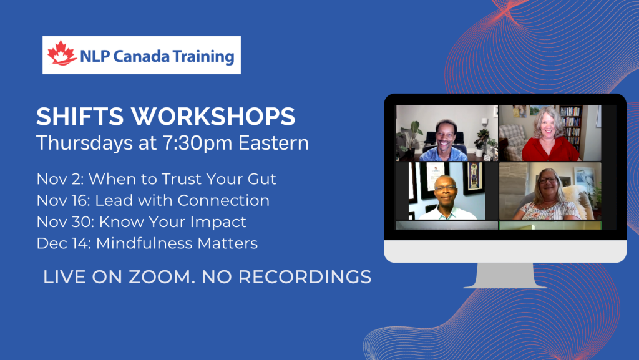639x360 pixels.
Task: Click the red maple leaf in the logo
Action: coord(62,54)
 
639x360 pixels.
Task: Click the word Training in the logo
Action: coord(203,57)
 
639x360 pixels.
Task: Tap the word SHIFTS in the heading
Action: coord(80,117)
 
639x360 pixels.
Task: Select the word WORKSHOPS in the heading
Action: coord(213,117)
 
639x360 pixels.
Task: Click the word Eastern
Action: coord(273,143)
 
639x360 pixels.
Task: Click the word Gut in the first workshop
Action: coord(262,179)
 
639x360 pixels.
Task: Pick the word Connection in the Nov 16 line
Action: coord(223,201)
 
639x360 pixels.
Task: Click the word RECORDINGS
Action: coord(305,277)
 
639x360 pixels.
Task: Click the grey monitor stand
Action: coord(505,276)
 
